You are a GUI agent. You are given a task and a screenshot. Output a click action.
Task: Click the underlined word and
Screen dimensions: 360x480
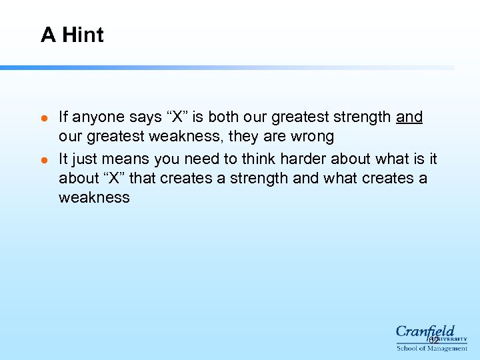409,117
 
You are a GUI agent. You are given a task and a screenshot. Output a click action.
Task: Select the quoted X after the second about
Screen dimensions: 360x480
111,179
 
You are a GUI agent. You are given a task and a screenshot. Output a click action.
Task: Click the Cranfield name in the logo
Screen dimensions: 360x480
425,331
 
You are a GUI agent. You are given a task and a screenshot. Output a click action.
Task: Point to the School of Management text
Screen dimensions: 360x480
432,348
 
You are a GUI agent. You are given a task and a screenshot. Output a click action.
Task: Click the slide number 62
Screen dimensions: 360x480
434,340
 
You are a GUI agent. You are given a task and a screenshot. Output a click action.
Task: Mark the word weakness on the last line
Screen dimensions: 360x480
94,198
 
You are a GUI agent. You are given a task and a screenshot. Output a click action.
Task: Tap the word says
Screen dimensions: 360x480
141,117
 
